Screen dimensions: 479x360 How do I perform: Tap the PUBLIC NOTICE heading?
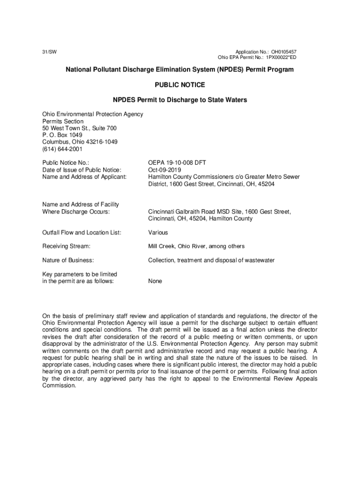(180, 85)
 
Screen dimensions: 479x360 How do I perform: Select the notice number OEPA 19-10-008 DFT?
(177, 163)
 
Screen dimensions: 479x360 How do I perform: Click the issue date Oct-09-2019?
(165, 170)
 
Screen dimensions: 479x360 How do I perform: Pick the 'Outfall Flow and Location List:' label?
(82, 232)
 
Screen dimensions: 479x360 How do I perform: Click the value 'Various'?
(158, 232)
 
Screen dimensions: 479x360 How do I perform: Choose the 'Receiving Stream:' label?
(66, 246)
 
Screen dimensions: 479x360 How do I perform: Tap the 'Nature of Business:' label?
(68, 260)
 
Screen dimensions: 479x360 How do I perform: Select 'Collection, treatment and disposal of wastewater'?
(211, 260)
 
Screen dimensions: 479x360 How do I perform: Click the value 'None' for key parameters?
(155, 281)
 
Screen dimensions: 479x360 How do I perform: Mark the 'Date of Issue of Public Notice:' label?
(82, 170)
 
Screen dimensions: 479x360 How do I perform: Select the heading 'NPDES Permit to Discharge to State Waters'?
(180, 100)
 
